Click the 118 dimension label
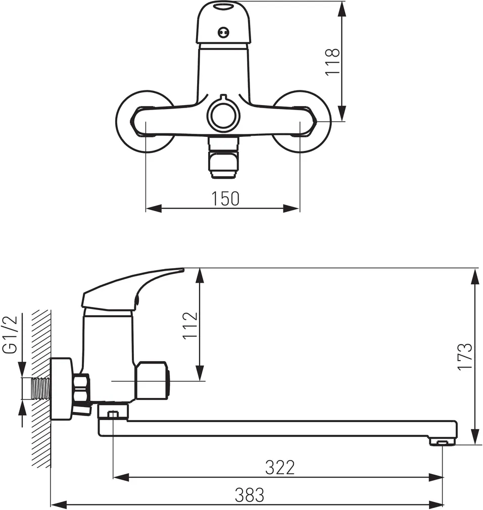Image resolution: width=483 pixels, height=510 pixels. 332,62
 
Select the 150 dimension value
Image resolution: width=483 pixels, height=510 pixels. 225,198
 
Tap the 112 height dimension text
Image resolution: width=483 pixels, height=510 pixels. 190,326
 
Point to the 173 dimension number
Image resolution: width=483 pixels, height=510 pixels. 464,356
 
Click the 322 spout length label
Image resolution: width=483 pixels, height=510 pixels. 280,467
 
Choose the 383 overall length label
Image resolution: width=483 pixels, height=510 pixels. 250,495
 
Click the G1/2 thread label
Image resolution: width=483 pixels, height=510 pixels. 10,335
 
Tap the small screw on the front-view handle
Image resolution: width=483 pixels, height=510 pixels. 223,32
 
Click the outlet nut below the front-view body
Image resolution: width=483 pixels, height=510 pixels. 223,158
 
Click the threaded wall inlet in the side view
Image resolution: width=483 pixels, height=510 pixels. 41,388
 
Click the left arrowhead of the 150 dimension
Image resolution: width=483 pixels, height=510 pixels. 154,208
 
